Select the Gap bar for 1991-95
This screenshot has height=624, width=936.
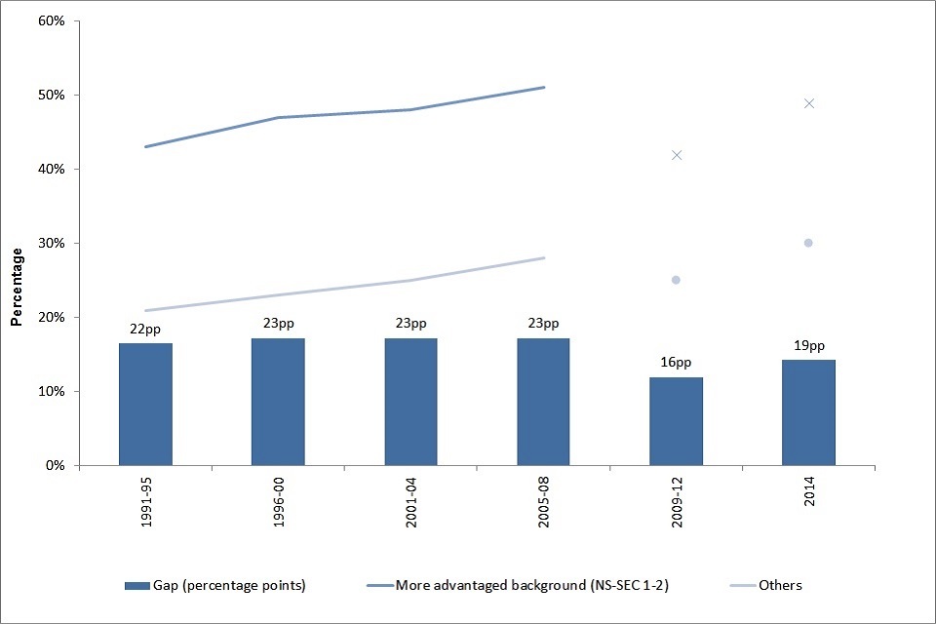coord(145,404)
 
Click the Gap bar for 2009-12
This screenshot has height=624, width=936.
coord(676,421)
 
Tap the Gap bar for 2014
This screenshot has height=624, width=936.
coord(808,412)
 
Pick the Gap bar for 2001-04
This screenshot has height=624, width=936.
coord(410,402)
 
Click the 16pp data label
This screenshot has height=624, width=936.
coord(676,363)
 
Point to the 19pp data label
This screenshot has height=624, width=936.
coord(808,345)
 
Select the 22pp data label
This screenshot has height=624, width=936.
coord(145,329)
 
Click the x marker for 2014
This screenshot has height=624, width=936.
coord(808,103)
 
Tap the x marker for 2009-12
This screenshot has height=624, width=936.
coord(676,155)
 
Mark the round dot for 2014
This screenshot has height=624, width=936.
coord(808,243)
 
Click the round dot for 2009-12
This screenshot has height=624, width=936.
coord(676,280)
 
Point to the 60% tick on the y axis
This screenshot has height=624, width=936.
coord(51,20)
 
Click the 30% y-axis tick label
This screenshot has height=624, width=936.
coord(51,243)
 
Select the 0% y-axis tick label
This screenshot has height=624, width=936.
coord(55,465)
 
